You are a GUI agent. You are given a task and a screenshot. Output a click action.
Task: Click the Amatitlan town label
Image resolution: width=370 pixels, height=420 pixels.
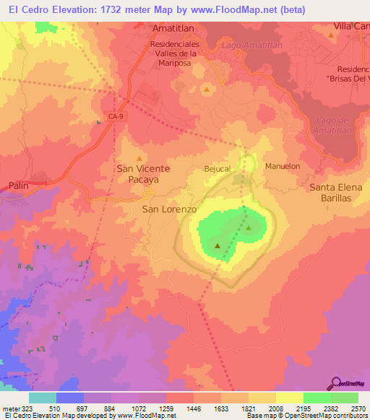point(175,28)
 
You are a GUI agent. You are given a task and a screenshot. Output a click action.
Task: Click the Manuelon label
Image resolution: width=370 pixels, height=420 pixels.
point(283,166)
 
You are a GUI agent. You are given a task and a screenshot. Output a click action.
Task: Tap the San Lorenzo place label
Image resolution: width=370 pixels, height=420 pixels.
point(168,209)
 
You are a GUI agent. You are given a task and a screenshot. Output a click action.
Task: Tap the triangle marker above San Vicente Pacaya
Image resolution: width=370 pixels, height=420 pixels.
point(139,158)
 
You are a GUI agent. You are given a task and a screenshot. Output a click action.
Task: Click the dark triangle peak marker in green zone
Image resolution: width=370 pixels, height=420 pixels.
point(218,246)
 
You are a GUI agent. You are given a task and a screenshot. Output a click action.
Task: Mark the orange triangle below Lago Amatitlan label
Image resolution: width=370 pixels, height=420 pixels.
point(207,89)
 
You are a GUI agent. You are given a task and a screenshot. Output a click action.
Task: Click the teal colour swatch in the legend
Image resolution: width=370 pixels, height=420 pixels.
point(43,397)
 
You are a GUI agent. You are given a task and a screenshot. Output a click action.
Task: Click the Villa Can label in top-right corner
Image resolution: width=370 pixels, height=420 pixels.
point(351,26)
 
